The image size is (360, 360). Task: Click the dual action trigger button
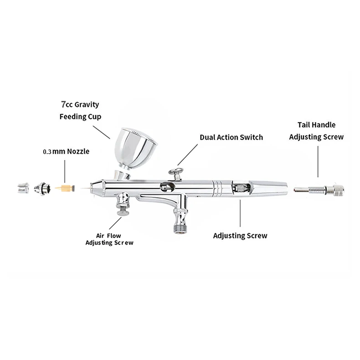(174, 172)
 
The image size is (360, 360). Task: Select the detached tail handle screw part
(316, 188)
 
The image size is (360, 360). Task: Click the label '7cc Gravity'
(80, 104)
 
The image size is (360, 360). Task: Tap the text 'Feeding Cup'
(80, 117)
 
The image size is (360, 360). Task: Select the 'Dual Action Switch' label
(231, 137)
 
